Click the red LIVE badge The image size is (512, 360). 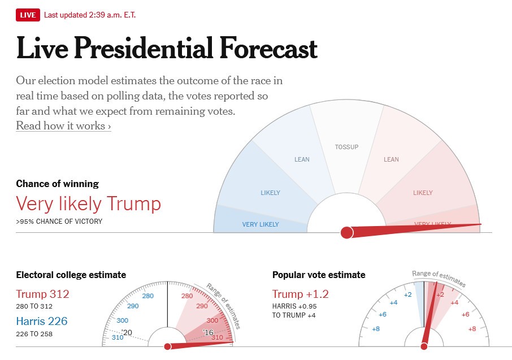coord(28,15)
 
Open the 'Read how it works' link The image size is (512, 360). coord(63,125)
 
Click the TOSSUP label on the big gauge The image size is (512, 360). coord(346,147)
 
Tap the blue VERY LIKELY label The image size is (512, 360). coord(261,224)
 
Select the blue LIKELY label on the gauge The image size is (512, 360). coord(270,193)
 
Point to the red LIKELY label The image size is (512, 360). coord(423,193)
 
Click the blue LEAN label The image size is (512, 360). coord(302,159)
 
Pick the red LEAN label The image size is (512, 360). coord(391,159)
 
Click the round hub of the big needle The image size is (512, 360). coord(347,232)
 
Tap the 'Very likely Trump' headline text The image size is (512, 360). coord(88,203)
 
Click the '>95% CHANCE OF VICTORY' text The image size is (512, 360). coord(59,222)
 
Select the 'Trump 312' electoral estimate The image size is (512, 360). coord(42,294)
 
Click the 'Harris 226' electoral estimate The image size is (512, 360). coord(41,322)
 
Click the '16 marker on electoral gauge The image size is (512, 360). coord(208,332)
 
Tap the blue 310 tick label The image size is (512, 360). coord(118,338)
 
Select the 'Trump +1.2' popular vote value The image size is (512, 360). coord(300,294)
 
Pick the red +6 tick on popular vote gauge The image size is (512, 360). coord(466,314)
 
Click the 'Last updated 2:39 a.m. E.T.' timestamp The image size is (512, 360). coord(90,15)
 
